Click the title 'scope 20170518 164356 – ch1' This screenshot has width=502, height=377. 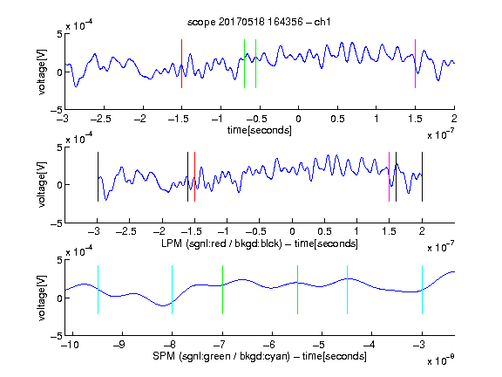pos(259,22)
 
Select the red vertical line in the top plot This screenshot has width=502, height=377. pos(181,64)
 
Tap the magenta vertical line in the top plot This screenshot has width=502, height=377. pos(415,64)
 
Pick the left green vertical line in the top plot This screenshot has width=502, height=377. pos(244,64)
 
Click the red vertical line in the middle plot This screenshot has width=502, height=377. pos(194,176)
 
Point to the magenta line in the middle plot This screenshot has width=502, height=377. pos(389,176)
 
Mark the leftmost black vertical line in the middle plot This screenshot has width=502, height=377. pos(98,176)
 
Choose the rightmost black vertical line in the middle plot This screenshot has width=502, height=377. pos(422,176)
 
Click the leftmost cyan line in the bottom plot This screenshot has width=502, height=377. pos(98,290)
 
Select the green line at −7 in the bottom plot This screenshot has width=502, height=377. pos(222,290)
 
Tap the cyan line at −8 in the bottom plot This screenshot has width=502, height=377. pos(173,290)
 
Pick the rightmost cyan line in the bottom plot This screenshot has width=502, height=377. pos(422,290)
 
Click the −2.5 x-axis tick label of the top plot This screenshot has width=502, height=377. pos(101,119)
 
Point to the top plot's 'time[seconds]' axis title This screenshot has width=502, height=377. pos(260,130)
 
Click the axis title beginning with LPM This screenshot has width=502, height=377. pos(260,243)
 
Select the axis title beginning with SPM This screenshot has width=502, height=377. pos(260,356)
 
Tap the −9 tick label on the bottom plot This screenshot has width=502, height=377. pos(119,345)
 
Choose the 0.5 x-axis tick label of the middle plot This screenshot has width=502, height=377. pos(324,231)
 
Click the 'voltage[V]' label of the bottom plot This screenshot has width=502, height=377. pos(42,298)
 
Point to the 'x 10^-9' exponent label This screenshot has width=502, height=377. pos(440,361)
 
